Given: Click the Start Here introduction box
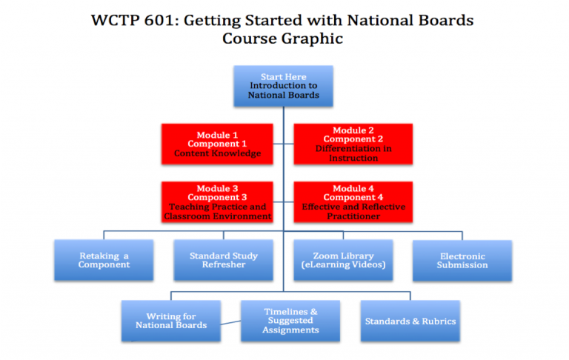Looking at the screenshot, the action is click(x=284, y=86).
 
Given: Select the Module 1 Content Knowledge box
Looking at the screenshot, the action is click(x=217, y=144).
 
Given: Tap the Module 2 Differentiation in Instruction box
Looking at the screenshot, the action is click(x=353, y=144).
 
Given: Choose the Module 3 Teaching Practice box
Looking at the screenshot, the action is click(x=217, y=201).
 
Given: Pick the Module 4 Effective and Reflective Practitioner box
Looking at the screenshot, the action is click(x=353, y=201).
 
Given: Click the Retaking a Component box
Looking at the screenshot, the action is click(x=104, y=260).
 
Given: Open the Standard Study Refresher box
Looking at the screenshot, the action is click(x=224, y=260).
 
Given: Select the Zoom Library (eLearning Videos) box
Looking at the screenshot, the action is click(x=343, y=260).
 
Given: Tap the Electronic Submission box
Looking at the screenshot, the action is click(x=462, y=261).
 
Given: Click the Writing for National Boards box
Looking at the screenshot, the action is click(x=171, y=321).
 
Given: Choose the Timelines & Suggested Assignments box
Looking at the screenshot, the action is click(x=290, y=321).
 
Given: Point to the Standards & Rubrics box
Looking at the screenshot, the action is click(x=410, y=321).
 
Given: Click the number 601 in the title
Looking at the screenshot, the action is click(x=159, y=20).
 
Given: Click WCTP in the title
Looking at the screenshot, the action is click(x=115, y=20).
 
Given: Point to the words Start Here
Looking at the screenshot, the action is click(x=284, y=77).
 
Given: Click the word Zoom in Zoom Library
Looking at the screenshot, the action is click(x=325, y=256).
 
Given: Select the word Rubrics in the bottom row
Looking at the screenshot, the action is click(x=439, y=321).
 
